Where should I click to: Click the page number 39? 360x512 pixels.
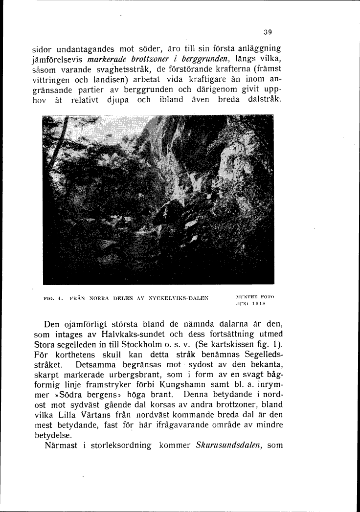268,32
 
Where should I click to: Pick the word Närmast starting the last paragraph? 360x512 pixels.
61,446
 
